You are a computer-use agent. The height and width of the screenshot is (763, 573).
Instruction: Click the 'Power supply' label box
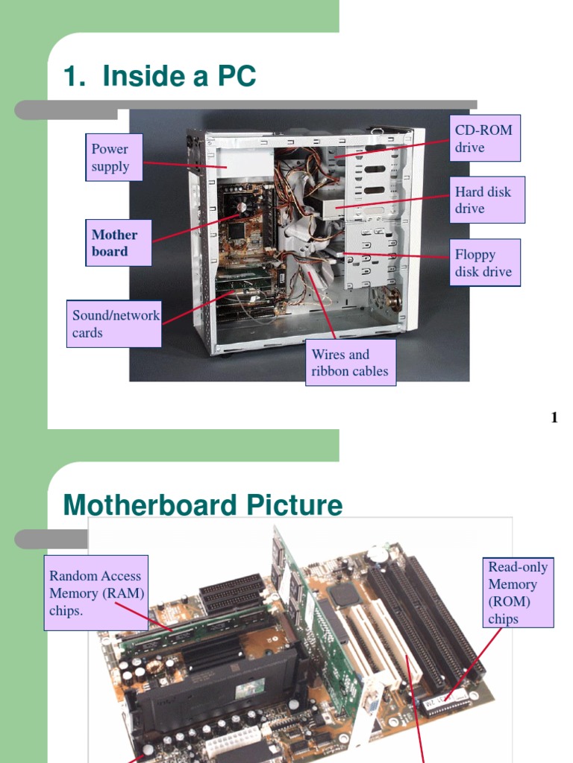[x=110, y=158]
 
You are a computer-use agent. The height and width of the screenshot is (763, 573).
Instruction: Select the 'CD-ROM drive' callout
[x=485, y=139]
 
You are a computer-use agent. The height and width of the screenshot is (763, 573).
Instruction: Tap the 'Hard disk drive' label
[x=489, y=200]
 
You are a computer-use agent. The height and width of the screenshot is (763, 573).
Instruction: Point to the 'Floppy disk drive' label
[x=485, y=263]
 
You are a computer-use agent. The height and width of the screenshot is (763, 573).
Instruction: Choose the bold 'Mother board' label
[x=118, y=243]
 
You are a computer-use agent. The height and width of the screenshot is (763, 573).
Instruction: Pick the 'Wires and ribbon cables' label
[x=350, y=363]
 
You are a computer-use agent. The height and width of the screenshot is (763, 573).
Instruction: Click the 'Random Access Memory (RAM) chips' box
[x=96, y=593]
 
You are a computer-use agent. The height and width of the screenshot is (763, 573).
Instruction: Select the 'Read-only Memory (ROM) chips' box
[x=518, y=592]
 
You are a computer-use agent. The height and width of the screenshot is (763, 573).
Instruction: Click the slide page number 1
[x=554, y=417]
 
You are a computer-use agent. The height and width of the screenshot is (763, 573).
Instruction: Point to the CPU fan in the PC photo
[x=242, y=207]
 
